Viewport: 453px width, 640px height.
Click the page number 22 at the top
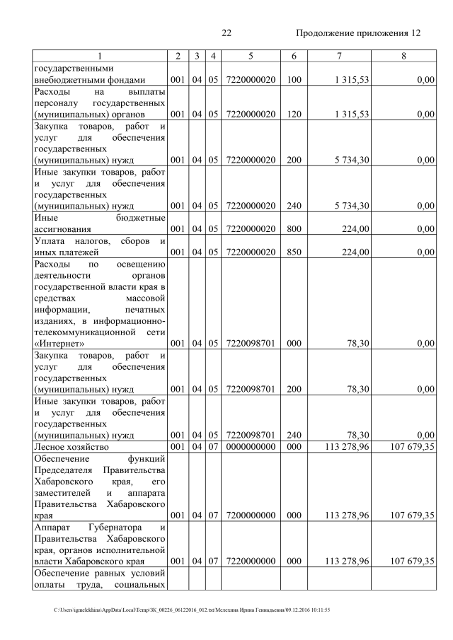226,33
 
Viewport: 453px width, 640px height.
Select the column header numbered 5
251,57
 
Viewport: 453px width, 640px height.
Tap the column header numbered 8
403,57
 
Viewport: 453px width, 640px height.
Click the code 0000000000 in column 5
251,447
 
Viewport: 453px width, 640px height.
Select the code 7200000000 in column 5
251,516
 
